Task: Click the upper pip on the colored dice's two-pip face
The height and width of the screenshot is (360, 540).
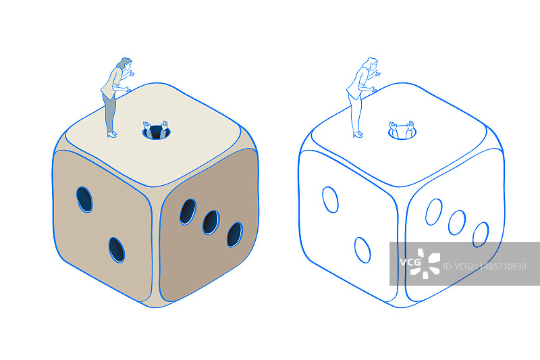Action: [x=84, y=199]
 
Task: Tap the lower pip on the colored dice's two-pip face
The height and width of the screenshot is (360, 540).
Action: [x=117, y=250]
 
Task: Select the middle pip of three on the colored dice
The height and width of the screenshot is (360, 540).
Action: [x=211, y=222]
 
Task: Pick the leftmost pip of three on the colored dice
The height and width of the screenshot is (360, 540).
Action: [x=188, y=211]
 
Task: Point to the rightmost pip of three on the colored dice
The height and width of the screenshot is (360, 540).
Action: [x=235, y=234]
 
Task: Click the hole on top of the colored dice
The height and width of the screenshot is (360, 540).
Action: [x=157, y=132]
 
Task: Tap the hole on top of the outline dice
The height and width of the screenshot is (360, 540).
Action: [x=402, y=132]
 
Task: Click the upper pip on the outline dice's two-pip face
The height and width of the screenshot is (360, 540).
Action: [x=330, y=199]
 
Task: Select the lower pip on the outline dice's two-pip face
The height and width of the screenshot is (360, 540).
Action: [x=362, y=250]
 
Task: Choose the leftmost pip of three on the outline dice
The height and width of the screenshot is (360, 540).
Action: [x=433, y=212]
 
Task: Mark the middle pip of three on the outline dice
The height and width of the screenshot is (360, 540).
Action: [x=457, y=222]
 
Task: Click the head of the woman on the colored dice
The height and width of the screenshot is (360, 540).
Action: [x=125, y=63]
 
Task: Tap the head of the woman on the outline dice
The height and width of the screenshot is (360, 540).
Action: [x=371, y=63]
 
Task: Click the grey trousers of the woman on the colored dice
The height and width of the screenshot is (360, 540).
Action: [x=110, y=113]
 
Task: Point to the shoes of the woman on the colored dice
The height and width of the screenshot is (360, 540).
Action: [x=112, y=134]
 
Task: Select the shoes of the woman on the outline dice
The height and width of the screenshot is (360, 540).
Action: [x=358, y=134]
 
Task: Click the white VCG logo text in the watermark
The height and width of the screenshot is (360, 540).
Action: [x=410, y=263]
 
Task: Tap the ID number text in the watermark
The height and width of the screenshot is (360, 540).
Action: [x=484, y=267]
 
